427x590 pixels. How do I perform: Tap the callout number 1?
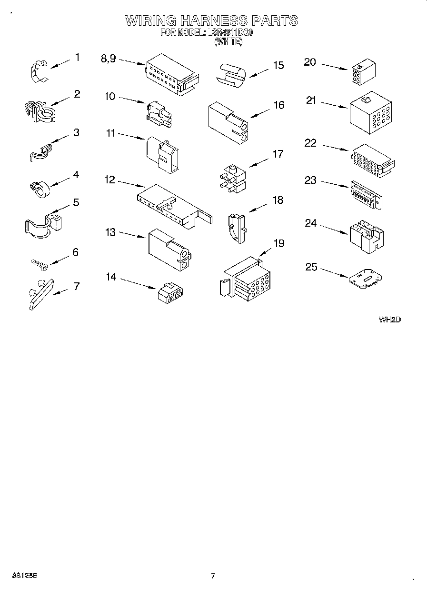pos(77,57)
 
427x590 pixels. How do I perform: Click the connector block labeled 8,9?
pos(172,74)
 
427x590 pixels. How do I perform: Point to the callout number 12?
pos(110,180)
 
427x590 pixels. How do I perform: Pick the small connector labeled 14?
pos(171,292)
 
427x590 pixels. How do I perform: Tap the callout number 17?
pos(278,154)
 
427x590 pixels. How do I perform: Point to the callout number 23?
pos(311,180)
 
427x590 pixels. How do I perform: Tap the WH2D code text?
pos(389,320)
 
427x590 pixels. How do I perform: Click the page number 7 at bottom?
pos(213,576)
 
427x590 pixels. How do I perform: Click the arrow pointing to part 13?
pos(132,234)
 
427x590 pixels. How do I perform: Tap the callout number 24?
pos(311,223)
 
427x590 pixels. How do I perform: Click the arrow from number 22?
pos(336,146)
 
